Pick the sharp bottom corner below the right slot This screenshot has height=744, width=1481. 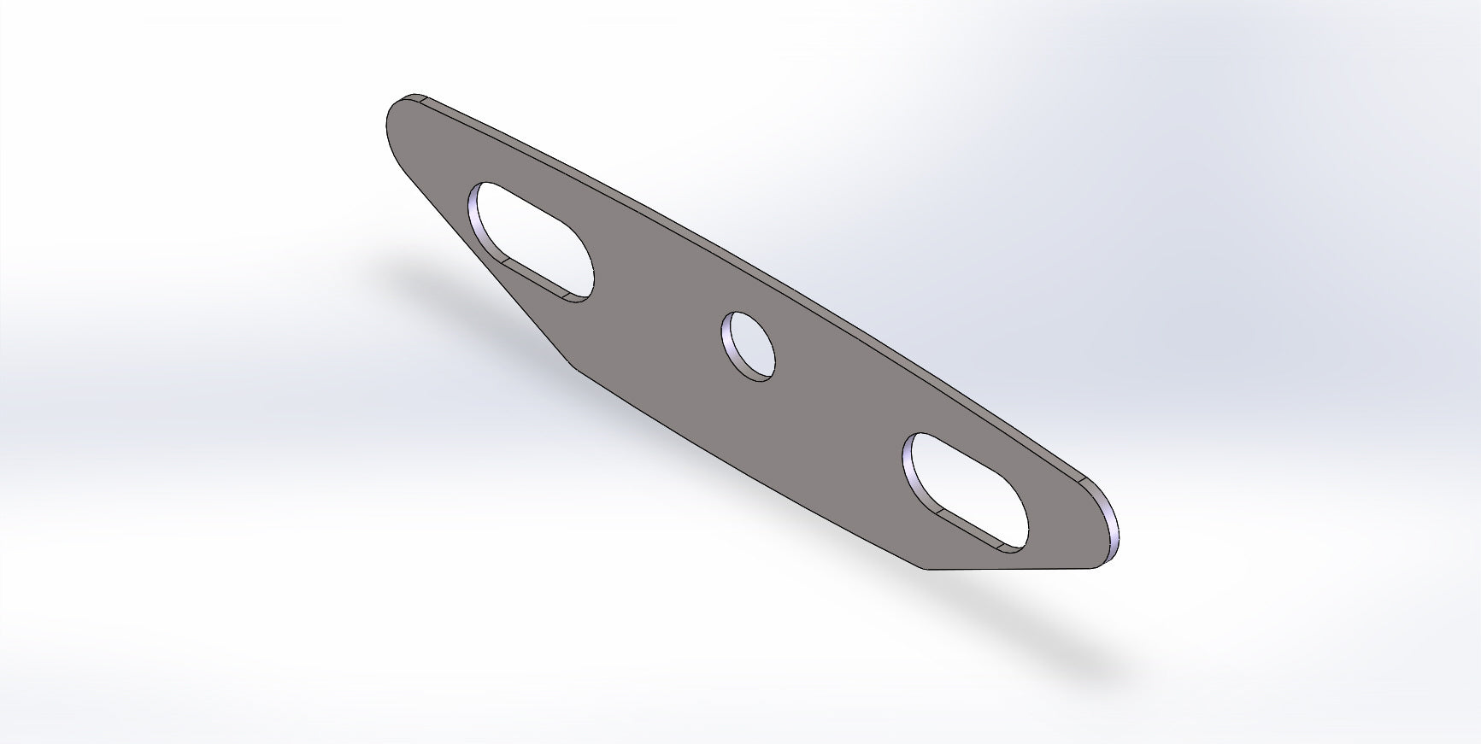click(927, 569)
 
